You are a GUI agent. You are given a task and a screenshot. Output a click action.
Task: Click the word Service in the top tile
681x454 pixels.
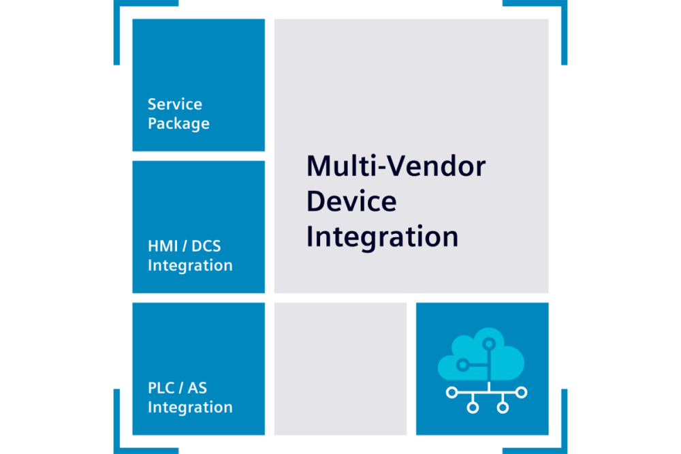click(x=175, y=104)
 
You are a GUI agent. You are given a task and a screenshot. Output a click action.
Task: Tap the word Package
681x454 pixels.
click(x=178, y=124)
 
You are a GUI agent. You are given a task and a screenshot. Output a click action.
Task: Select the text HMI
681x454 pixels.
click(x=161, y=246)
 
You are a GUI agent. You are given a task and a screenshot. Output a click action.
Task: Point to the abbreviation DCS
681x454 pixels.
click(x=206, y=246)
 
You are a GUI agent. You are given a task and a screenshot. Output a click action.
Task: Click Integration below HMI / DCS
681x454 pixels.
click(x=190, y=265)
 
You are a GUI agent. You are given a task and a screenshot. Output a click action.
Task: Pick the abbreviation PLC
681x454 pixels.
click(x=160, y=388)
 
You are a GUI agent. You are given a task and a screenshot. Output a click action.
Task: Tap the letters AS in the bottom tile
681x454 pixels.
click(x=197, y=388)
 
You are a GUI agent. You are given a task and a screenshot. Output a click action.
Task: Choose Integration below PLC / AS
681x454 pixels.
click(x=190, y=407)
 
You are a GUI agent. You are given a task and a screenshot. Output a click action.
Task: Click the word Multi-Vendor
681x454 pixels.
click(x=396, y=166)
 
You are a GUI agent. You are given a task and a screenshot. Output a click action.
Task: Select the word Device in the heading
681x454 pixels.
click(x=351, y=201)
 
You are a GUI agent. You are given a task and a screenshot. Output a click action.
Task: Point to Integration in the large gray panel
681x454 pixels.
click(x=381, y=237)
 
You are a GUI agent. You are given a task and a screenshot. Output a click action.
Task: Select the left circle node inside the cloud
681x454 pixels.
click(x=463, y=365)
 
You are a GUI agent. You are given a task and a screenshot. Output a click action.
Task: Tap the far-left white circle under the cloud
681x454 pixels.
click(x=451, y=392)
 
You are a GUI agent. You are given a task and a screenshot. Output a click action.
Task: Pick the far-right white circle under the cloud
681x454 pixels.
click(x=522, y=392)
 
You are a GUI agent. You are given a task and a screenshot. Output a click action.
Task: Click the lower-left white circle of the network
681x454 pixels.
click(x=472, y=408)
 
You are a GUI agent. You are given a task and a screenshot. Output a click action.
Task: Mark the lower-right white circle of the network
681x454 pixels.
click(x=503, y=408)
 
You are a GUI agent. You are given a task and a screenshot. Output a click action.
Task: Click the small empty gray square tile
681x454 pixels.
click(x=340, y=369)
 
